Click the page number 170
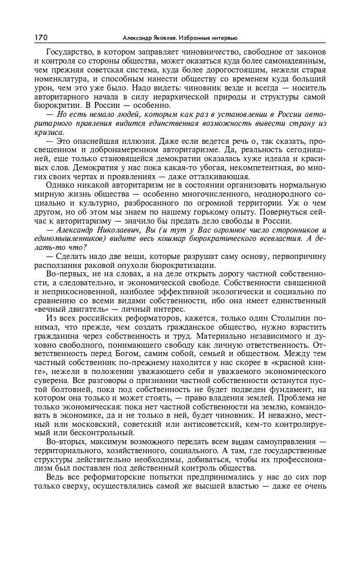(x=41, y=37)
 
